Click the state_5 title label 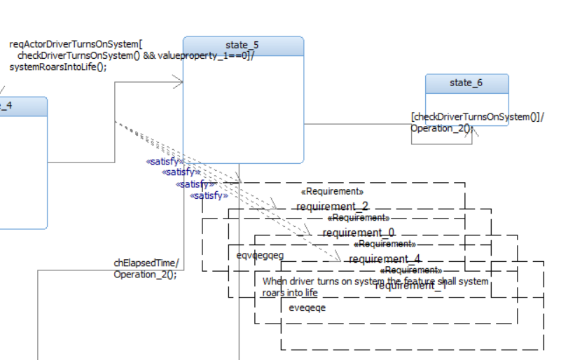pyautogui.click(x=242, y=45)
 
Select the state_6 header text pyautogui.click(x=466, y=83)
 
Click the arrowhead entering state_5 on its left pyautogui.click(x=179, y=83)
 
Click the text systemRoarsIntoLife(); pyautogui.click(x=58, y=67)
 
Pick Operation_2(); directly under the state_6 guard pyautogui.click(x=441, y=128)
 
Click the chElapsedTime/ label pyautogui.click(x=146, y=263)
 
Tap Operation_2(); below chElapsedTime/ pyautogui.click(x=145, y=275)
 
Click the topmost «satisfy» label pyautogui.click(x=165, y=161)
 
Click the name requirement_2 pyautogui.click(x=332, y=207)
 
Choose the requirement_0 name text pyautogui.click(x=359, y=233)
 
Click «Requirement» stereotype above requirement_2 pyautogui.click(x=332, y=191)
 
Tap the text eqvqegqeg pyautogui.click(x=260, y=255)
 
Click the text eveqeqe pyautogui.click(x=307, y=307)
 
